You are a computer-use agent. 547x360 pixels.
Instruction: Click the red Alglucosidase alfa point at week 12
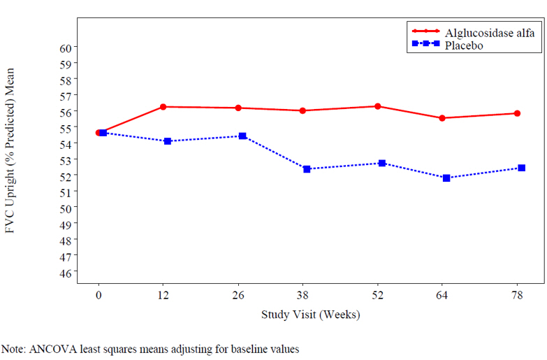163,107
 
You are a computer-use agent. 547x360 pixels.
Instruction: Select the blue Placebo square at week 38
307,169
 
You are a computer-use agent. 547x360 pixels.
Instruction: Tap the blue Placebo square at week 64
446,178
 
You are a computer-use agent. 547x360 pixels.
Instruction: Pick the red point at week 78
517,113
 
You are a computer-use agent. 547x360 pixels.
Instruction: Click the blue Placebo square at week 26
242,136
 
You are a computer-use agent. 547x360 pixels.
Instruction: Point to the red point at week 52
378,106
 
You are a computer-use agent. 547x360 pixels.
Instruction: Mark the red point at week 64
442,118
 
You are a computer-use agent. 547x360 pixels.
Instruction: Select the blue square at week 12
168,141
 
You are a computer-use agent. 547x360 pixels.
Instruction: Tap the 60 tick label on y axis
65,48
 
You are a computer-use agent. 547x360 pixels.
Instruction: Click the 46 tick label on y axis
65,273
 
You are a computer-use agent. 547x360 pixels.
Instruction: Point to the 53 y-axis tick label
65,160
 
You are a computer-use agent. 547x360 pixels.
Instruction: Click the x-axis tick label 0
99,296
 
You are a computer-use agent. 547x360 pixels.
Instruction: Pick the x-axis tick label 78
517,296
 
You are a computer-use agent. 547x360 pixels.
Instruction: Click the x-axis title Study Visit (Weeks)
310,315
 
